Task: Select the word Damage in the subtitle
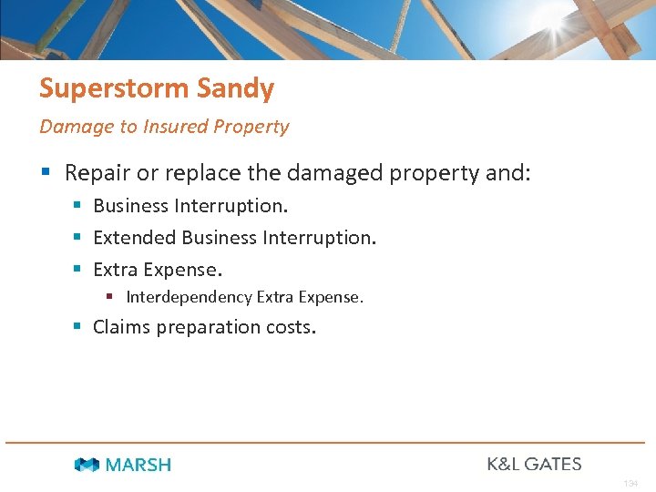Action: (77, 127)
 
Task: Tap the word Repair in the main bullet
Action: (97, 173)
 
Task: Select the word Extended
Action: (135, 238)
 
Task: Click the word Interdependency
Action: (189, 297)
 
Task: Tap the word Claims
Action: (124, 327)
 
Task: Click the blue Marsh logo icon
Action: (87, 465)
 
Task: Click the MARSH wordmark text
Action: (138, 465)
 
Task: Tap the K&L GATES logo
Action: (534, 464)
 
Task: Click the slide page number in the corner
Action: (630, 484)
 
